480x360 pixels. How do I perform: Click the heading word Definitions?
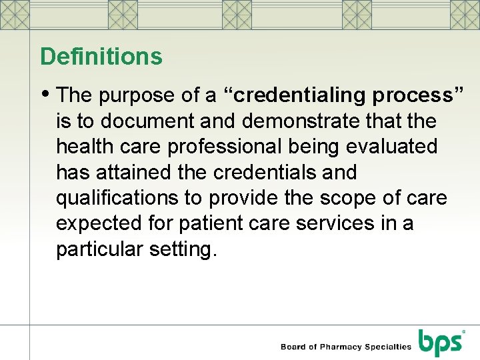[101, 57]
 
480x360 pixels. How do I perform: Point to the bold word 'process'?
[412, 96]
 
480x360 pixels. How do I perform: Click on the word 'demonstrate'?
[301, 121]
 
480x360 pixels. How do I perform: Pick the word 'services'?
[343, 223]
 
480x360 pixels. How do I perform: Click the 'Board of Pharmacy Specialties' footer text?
[346, 347]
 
